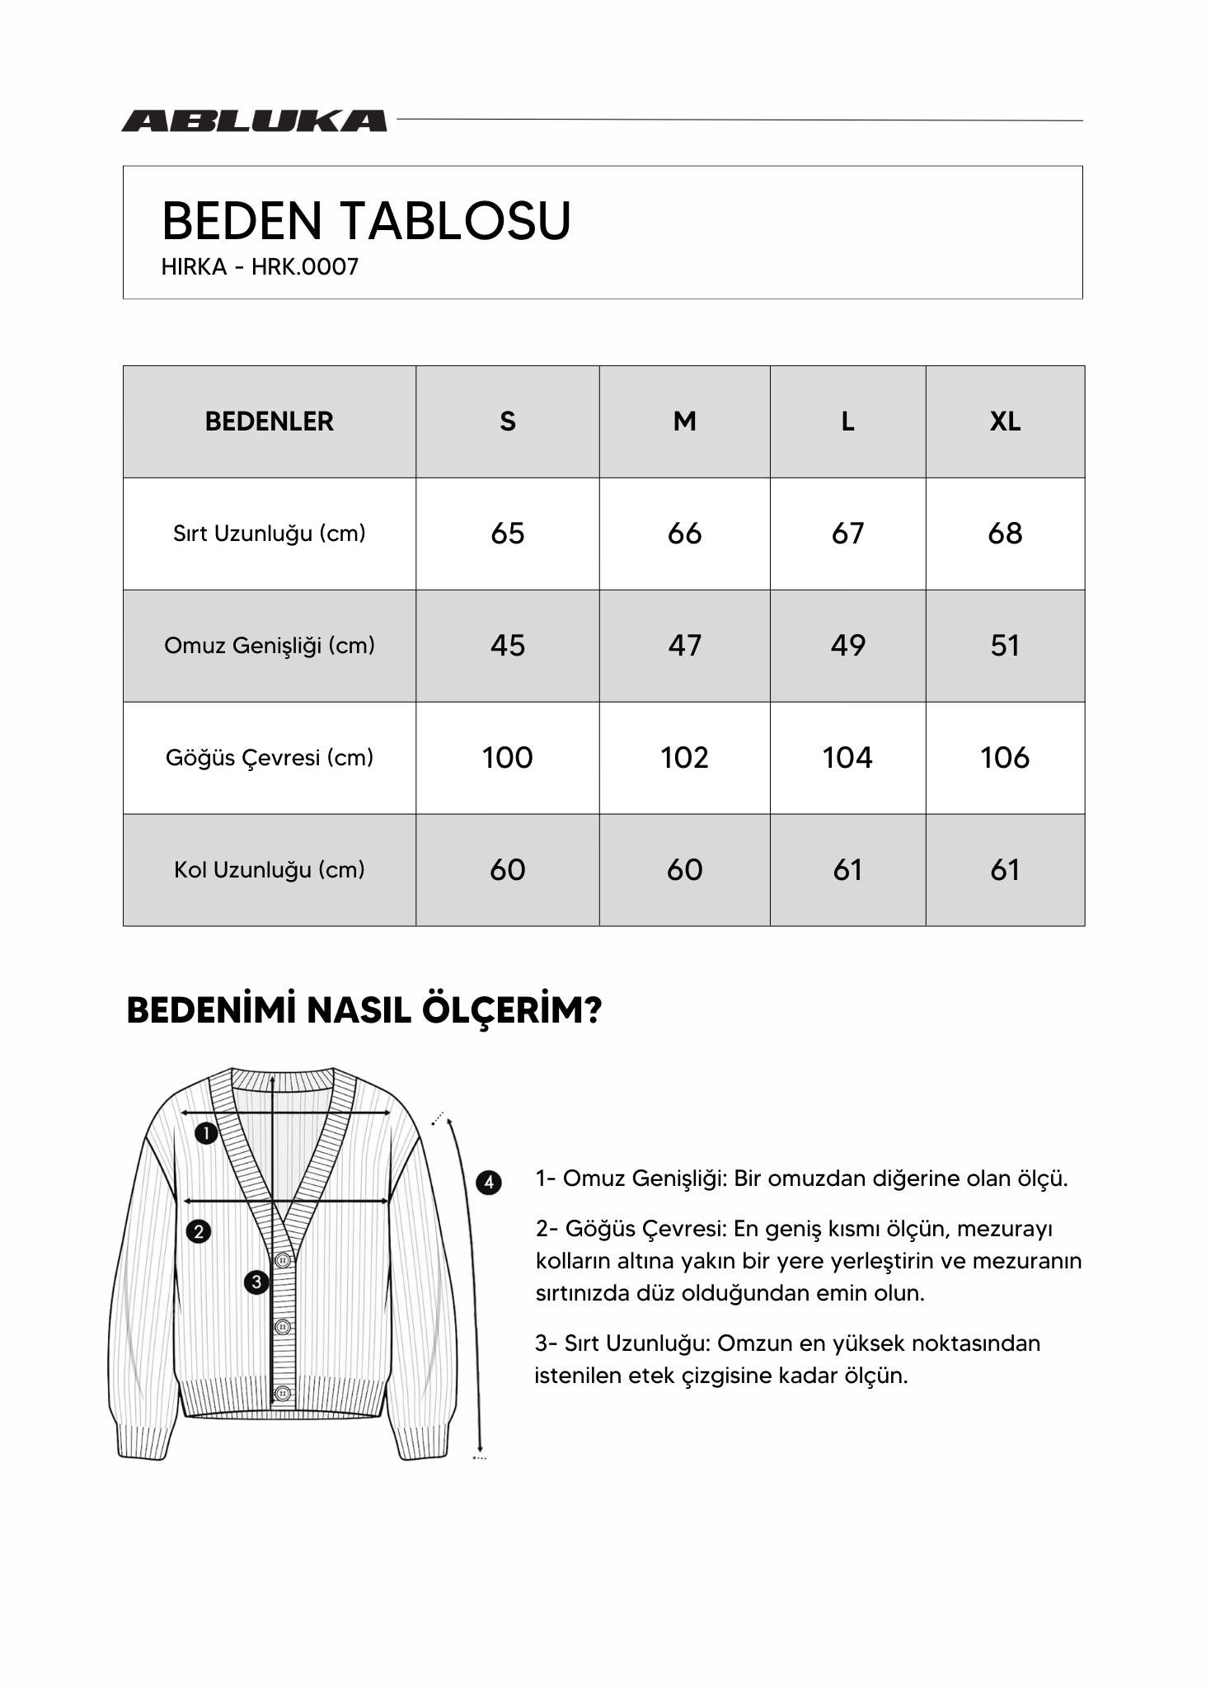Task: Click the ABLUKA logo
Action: coord(254,121)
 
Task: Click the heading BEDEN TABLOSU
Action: coord(366,221)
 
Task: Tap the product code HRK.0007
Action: coord(305,267)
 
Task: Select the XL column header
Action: coord(1004,421)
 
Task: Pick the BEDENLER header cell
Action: coord(269,421)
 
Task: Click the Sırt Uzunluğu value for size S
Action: coord(507,534)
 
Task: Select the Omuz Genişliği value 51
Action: coord(1004,646)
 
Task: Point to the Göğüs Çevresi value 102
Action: coord(684,758)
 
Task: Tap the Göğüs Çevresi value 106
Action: coord(1004,758)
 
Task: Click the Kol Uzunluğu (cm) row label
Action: coord(269,870)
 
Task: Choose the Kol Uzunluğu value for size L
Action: coord(847,870)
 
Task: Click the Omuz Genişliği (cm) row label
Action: coord(269,646)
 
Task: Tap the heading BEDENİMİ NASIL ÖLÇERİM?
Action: coord(364,1010)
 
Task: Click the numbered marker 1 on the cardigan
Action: coord(206,1133)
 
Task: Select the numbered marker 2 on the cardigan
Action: coord(199,1232)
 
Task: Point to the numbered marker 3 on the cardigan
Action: coord(256,1282)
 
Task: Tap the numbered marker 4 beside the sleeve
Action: coord(489,1183)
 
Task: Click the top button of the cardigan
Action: coord(283,1260)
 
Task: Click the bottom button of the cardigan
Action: coord(283,1394)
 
